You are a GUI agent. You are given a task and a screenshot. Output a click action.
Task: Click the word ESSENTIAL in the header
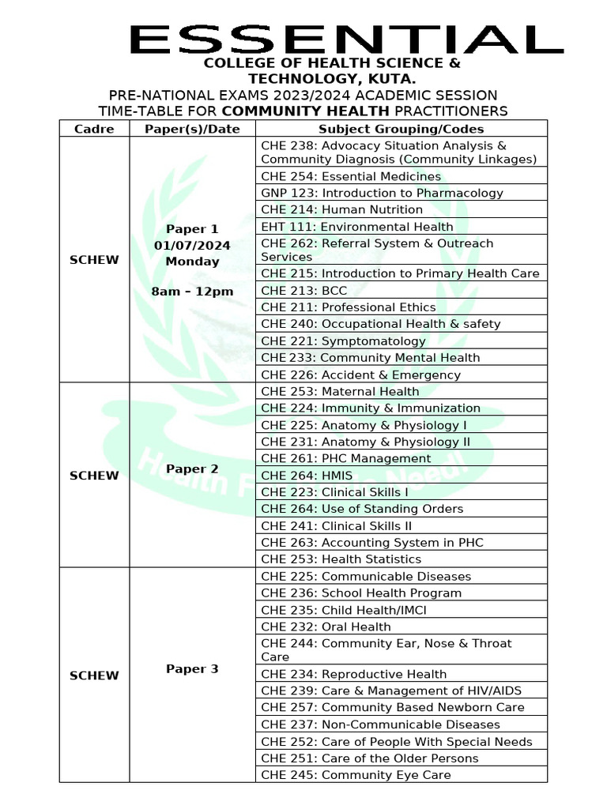(346, 40)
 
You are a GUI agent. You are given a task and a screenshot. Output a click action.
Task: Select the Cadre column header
(94, 129)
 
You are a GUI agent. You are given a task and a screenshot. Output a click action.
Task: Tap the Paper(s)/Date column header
(192, 129)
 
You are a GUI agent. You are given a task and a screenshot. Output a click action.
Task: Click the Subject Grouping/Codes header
(401, 129)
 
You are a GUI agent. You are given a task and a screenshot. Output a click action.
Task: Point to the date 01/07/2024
(192, 246)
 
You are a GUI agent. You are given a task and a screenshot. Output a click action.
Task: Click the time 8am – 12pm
(192, 292)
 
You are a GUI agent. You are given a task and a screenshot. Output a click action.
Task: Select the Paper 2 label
(192, 469)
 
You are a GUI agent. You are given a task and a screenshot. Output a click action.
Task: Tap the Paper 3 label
(192, 669)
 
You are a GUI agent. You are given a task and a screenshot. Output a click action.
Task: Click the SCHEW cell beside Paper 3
(94, 675)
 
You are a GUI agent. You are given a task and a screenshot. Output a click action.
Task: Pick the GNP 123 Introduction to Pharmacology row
(382, 193)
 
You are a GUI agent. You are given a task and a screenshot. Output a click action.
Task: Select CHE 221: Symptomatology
(343, 341)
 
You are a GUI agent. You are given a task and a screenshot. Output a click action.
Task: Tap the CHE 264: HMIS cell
(307, 476)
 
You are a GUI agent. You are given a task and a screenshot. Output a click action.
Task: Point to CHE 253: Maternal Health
(340, 391)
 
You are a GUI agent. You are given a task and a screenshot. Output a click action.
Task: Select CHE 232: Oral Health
(326, 627)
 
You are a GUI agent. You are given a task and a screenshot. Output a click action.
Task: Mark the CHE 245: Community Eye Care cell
(356, 775)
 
